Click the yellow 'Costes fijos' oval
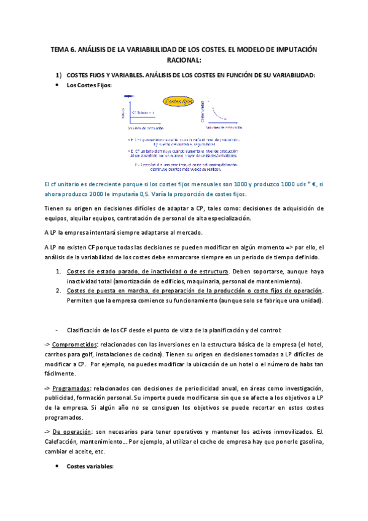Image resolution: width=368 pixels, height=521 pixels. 178,101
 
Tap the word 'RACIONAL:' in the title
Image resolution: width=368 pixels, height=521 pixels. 184,60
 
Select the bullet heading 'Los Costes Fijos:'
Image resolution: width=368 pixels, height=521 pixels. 89,85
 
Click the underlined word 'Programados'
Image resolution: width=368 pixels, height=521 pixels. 69,389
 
